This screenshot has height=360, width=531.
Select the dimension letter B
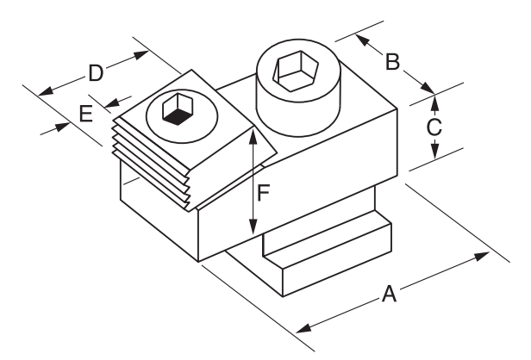391,62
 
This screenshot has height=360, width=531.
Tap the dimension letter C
434,127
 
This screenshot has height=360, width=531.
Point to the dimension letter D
96,72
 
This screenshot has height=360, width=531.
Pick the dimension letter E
85,113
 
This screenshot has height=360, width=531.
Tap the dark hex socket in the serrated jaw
178,109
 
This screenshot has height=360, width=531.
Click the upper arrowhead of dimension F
253,133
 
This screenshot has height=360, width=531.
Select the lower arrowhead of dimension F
253,230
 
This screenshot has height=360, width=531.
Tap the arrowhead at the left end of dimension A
303,326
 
